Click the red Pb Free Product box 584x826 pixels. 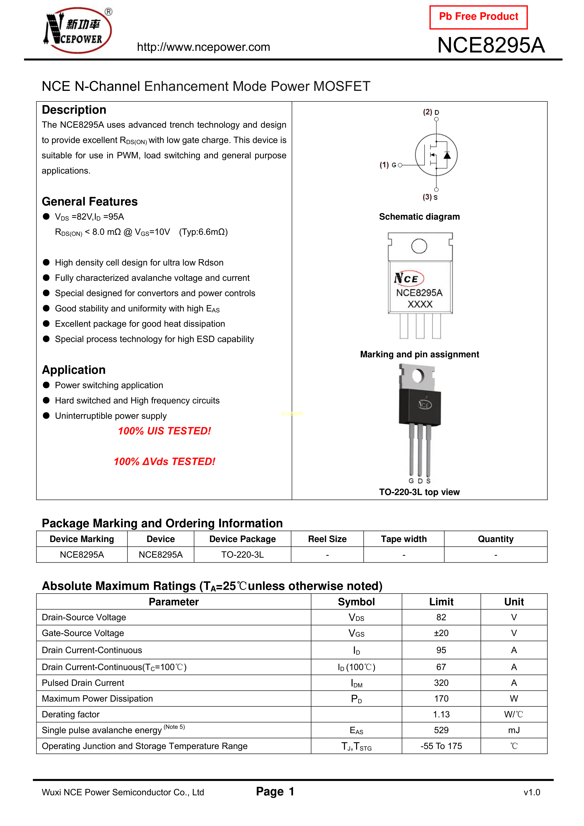[x=478, y=17]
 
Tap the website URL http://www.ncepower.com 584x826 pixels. [x=203, y=47]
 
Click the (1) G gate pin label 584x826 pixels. [x=388, y=165]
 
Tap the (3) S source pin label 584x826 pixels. [x=430, y=197]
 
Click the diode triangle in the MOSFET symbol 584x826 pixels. [x=447, y=155]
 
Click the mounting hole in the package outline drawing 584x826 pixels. [x=419, y=246]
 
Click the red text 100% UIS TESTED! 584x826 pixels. [x=165, y=431]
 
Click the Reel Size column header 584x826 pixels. [x=327, y=539]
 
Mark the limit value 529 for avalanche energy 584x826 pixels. [x=441, y=730]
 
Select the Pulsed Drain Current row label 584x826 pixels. [x=83, y=683]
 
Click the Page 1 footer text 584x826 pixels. [x=275, y=791]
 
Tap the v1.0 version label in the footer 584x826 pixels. [x=532, y=792]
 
